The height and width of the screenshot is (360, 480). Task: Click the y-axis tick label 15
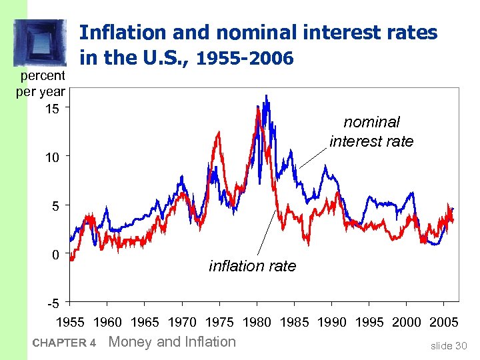point(52,109)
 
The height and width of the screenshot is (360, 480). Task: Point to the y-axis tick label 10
point(52,157)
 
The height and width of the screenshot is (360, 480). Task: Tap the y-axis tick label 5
point(56,206)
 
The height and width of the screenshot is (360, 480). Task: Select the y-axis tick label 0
point(56,255)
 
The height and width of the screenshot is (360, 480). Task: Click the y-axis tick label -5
point(53,305)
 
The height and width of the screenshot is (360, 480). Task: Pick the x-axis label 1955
point(69,323)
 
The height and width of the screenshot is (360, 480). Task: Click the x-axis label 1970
point(182,323)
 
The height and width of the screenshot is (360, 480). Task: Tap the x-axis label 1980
point(257,323)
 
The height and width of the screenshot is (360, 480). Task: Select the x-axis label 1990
point(331,323)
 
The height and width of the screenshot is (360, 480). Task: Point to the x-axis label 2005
point(444,323)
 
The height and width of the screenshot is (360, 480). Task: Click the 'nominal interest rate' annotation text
point(371,131)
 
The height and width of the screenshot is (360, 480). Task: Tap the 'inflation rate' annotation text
point(252,266)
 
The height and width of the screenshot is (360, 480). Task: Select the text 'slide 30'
point(449,345)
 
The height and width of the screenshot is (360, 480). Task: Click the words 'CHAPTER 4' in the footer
point(65,343)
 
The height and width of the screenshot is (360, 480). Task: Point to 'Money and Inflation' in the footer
point(172,342)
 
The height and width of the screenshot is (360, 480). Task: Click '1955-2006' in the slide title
point(245,59)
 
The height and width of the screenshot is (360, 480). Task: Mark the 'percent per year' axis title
point(41,83)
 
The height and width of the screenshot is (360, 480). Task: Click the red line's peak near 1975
point(218,133)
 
